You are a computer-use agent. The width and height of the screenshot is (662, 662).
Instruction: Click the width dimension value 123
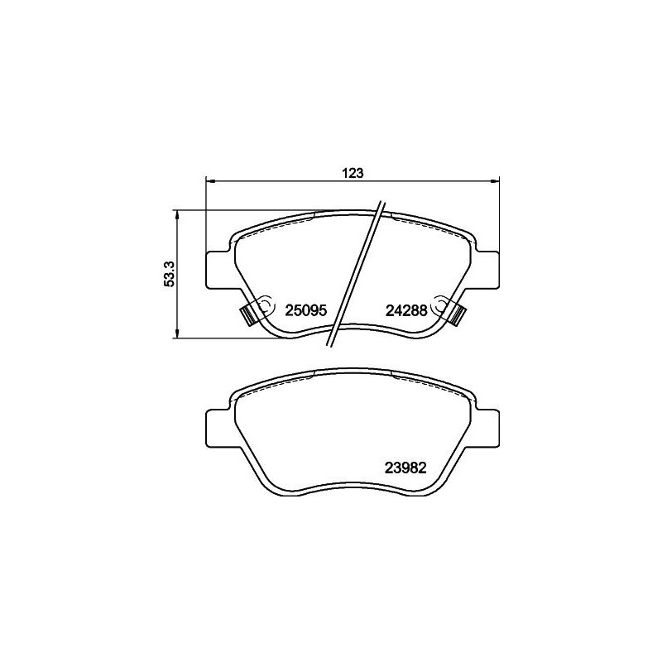click(x=353, y=173)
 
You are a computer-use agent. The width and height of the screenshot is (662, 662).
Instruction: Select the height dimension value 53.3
click(x=169, y=274)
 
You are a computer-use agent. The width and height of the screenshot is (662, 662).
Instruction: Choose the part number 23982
click(x=405, y=467)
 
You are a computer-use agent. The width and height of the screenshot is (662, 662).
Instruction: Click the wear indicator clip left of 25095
click(x=247, y=315)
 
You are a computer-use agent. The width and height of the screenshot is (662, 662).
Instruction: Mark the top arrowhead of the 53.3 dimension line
click(x=176, y=214)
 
